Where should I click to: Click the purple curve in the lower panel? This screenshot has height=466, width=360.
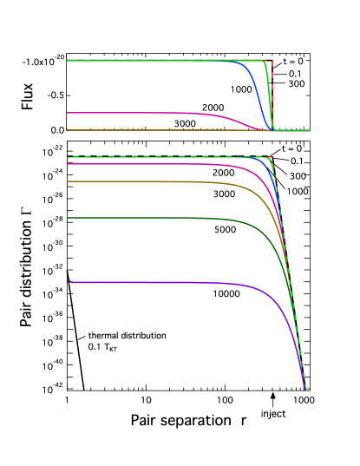coord(173,282)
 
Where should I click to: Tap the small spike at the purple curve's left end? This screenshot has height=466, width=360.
coord(69,275)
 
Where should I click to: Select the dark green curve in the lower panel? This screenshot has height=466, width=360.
coord(156,218)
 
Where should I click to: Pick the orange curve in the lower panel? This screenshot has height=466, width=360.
coord(156,181)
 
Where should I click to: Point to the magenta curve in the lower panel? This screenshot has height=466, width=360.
coord(156,164)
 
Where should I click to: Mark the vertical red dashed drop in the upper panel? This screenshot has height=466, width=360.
coord(272,95)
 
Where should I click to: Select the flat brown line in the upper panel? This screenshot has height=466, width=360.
coord(156,130)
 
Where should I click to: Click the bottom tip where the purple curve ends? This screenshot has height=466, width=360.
coord(305,390)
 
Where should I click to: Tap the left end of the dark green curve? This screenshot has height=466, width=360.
coord(68,218)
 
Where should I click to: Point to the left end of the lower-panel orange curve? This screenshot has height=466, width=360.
coord(68,181)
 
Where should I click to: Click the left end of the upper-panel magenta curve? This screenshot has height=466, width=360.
coord(68,113)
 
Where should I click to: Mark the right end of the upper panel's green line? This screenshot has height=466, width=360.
coord(309,130)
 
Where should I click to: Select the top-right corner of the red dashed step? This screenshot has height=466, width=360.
coord(272,61)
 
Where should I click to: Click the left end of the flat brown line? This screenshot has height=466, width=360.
coord(68,130)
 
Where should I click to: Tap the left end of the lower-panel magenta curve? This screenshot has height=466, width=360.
coord(68,164)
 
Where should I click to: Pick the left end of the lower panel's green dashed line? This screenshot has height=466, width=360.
coord(68,157)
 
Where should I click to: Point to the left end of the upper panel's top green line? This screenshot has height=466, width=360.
coord(68,61)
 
